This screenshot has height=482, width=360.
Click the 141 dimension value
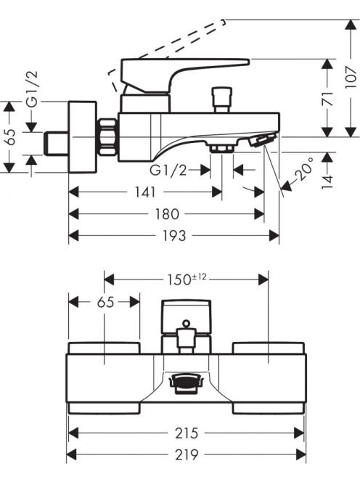coord(145,192)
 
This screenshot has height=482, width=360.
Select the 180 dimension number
coord(167,214)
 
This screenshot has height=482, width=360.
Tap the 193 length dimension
coord(174,236)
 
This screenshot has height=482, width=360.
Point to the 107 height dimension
coord(351,77)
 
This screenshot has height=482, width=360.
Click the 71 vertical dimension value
coord(328,99)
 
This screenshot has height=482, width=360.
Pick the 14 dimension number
coord(328,181)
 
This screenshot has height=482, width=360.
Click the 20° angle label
coord(304,168)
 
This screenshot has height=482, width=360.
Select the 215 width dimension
coord(187,433)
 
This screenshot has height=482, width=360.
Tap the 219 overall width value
coord(187,454)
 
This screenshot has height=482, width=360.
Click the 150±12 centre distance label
coord(187,279)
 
